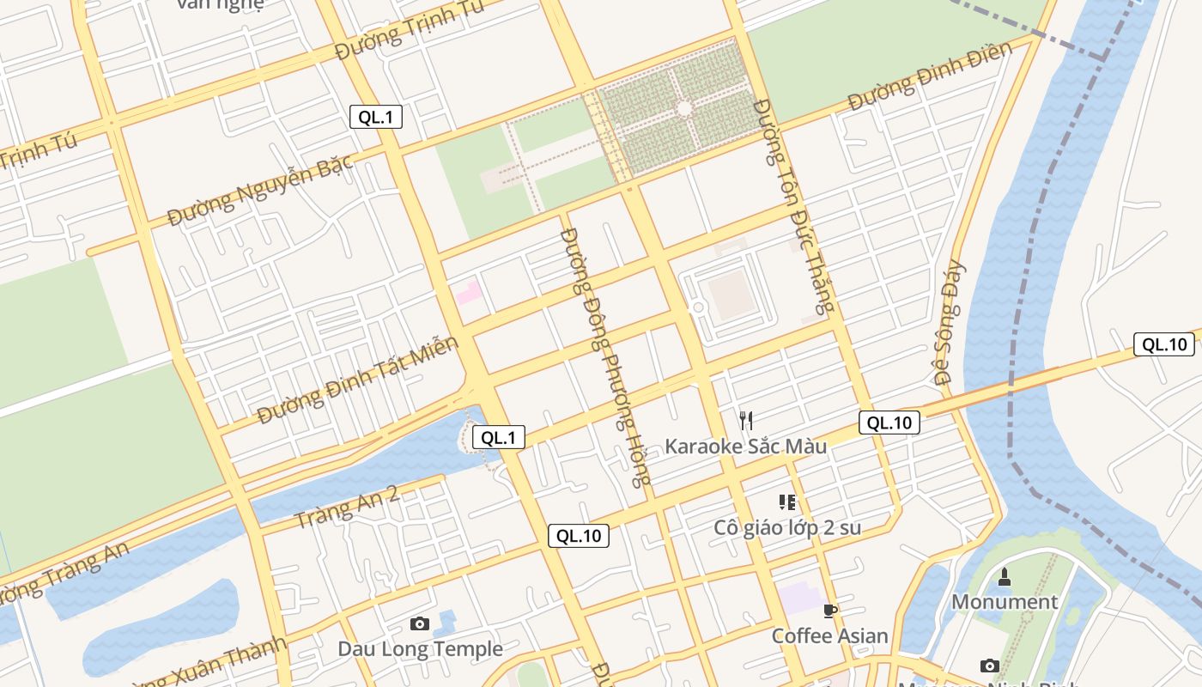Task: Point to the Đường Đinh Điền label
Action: point(930,76)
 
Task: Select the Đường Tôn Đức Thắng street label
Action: point(793,206)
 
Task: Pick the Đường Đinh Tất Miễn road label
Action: point(358,380)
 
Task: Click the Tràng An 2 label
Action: point(346,507)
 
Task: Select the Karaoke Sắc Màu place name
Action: point(745,447)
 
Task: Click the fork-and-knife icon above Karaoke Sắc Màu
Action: point(746,420)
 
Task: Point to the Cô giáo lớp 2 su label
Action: point(787,527)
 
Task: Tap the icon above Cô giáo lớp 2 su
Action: point(787,502)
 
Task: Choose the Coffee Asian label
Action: point(829,636)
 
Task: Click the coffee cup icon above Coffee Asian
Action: point(829,611)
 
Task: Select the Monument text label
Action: point(1004,602)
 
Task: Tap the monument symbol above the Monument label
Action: point(1005,576)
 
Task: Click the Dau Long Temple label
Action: point(420,649)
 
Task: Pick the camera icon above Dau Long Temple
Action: point(420,623)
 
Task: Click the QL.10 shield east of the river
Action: point(1163,344)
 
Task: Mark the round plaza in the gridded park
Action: point(683,109)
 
